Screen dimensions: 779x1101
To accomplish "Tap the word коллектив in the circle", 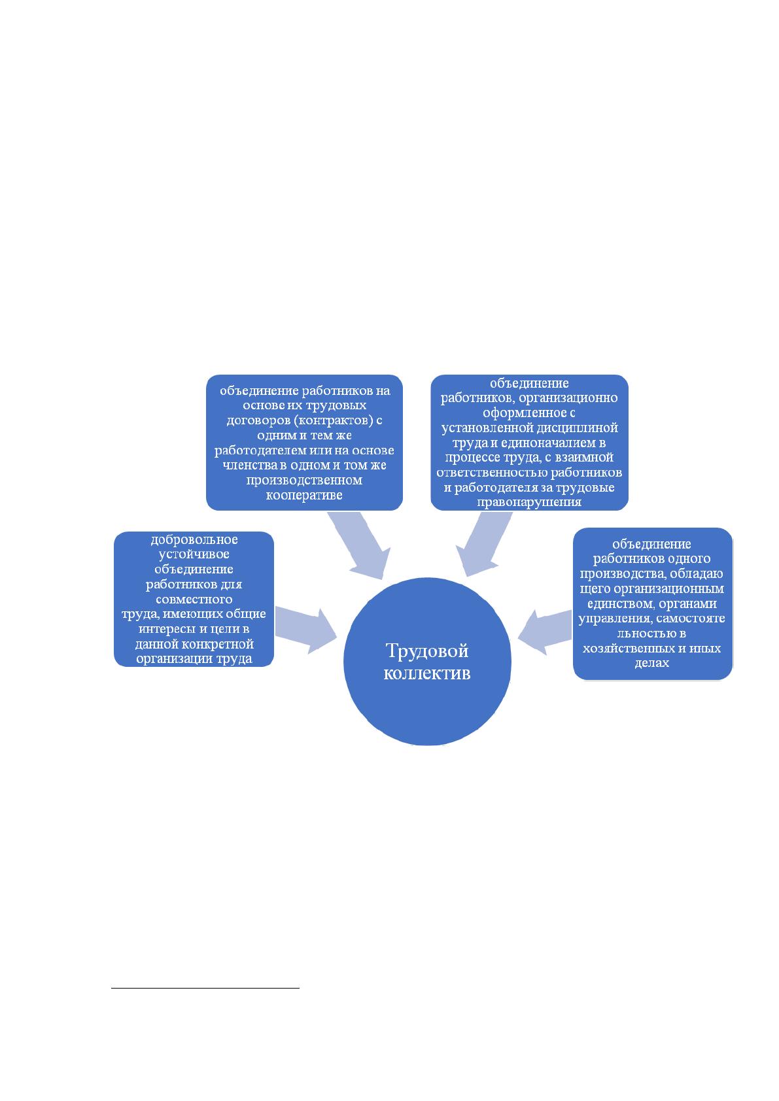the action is [x=427, y=673].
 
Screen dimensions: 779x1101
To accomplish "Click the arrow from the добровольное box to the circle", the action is [x=305, y=630].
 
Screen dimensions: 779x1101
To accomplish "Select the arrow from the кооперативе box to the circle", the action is [x=359, y=545].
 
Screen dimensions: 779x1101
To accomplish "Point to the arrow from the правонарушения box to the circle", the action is [x=484, y=543].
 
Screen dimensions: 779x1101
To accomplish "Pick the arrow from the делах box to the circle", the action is [x=545, y=632].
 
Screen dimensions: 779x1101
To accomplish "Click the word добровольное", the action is [x=194, y=539].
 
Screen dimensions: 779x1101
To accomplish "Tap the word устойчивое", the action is [x=194, y=554].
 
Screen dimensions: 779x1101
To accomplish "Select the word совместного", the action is [x=194, y=599].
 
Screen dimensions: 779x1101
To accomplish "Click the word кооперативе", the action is [x=304, y=495].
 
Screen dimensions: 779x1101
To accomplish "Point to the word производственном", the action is [x=304, y=480].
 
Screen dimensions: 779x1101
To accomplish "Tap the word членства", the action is [x=251, y=465].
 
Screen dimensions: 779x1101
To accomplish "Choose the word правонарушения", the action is [x=529, y=502].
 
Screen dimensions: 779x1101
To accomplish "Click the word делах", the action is [x=651, y=663].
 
